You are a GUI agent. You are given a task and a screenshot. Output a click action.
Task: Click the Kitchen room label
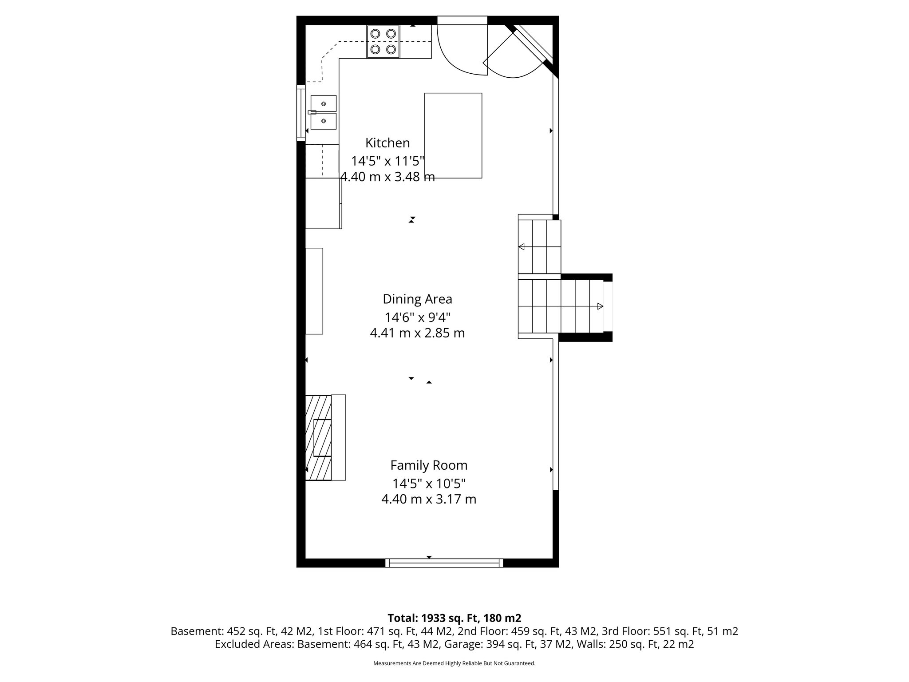(x=387, y=143)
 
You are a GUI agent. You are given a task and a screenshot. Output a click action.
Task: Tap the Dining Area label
(x=417, y=299)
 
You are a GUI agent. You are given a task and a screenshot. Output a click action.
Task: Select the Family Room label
(x=429, y=465)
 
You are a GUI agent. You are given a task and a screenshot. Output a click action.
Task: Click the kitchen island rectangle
(x=453, y=135)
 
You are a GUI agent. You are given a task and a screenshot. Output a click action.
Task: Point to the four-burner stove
(x=383, y=42)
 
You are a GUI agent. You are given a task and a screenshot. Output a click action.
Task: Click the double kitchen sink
(x=323, y=112)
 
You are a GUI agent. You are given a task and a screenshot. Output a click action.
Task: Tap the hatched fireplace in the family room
(x=318, y=437)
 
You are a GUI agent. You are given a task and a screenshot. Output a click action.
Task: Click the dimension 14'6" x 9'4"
(x=417, y=317)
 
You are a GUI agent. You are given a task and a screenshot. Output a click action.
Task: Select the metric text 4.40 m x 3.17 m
(x=429, y=500)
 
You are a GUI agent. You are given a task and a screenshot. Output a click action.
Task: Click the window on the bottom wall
(x=444, y=563)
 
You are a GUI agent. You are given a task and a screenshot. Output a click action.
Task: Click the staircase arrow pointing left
(x=522, y=247)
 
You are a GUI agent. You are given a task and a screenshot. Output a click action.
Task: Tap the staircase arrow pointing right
(x=600, y=306)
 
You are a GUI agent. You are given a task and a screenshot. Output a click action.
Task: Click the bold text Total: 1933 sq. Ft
(x=454, y=618)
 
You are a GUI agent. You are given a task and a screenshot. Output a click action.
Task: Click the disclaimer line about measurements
(x=454, y=663)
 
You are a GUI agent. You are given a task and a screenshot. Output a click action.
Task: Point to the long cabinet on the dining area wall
(x=314, y=291)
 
